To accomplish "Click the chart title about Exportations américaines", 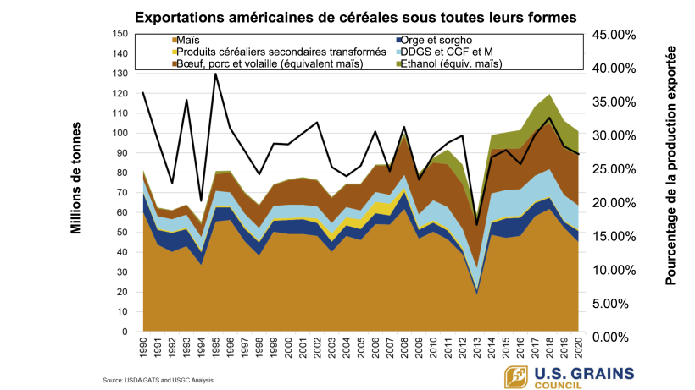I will pyautogui.click(x=348, y=16).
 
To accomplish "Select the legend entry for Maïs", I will pyautogui.click(x=191, y=40).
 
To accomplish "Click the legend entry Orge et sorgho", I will pyautogui.click(x=437, y=40).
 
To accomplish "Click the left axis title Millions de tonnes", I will pyautogui.click(x=75, y=178).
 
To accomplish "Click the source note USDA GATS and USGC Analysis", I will pyautogui.click(x=158, y=381).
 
